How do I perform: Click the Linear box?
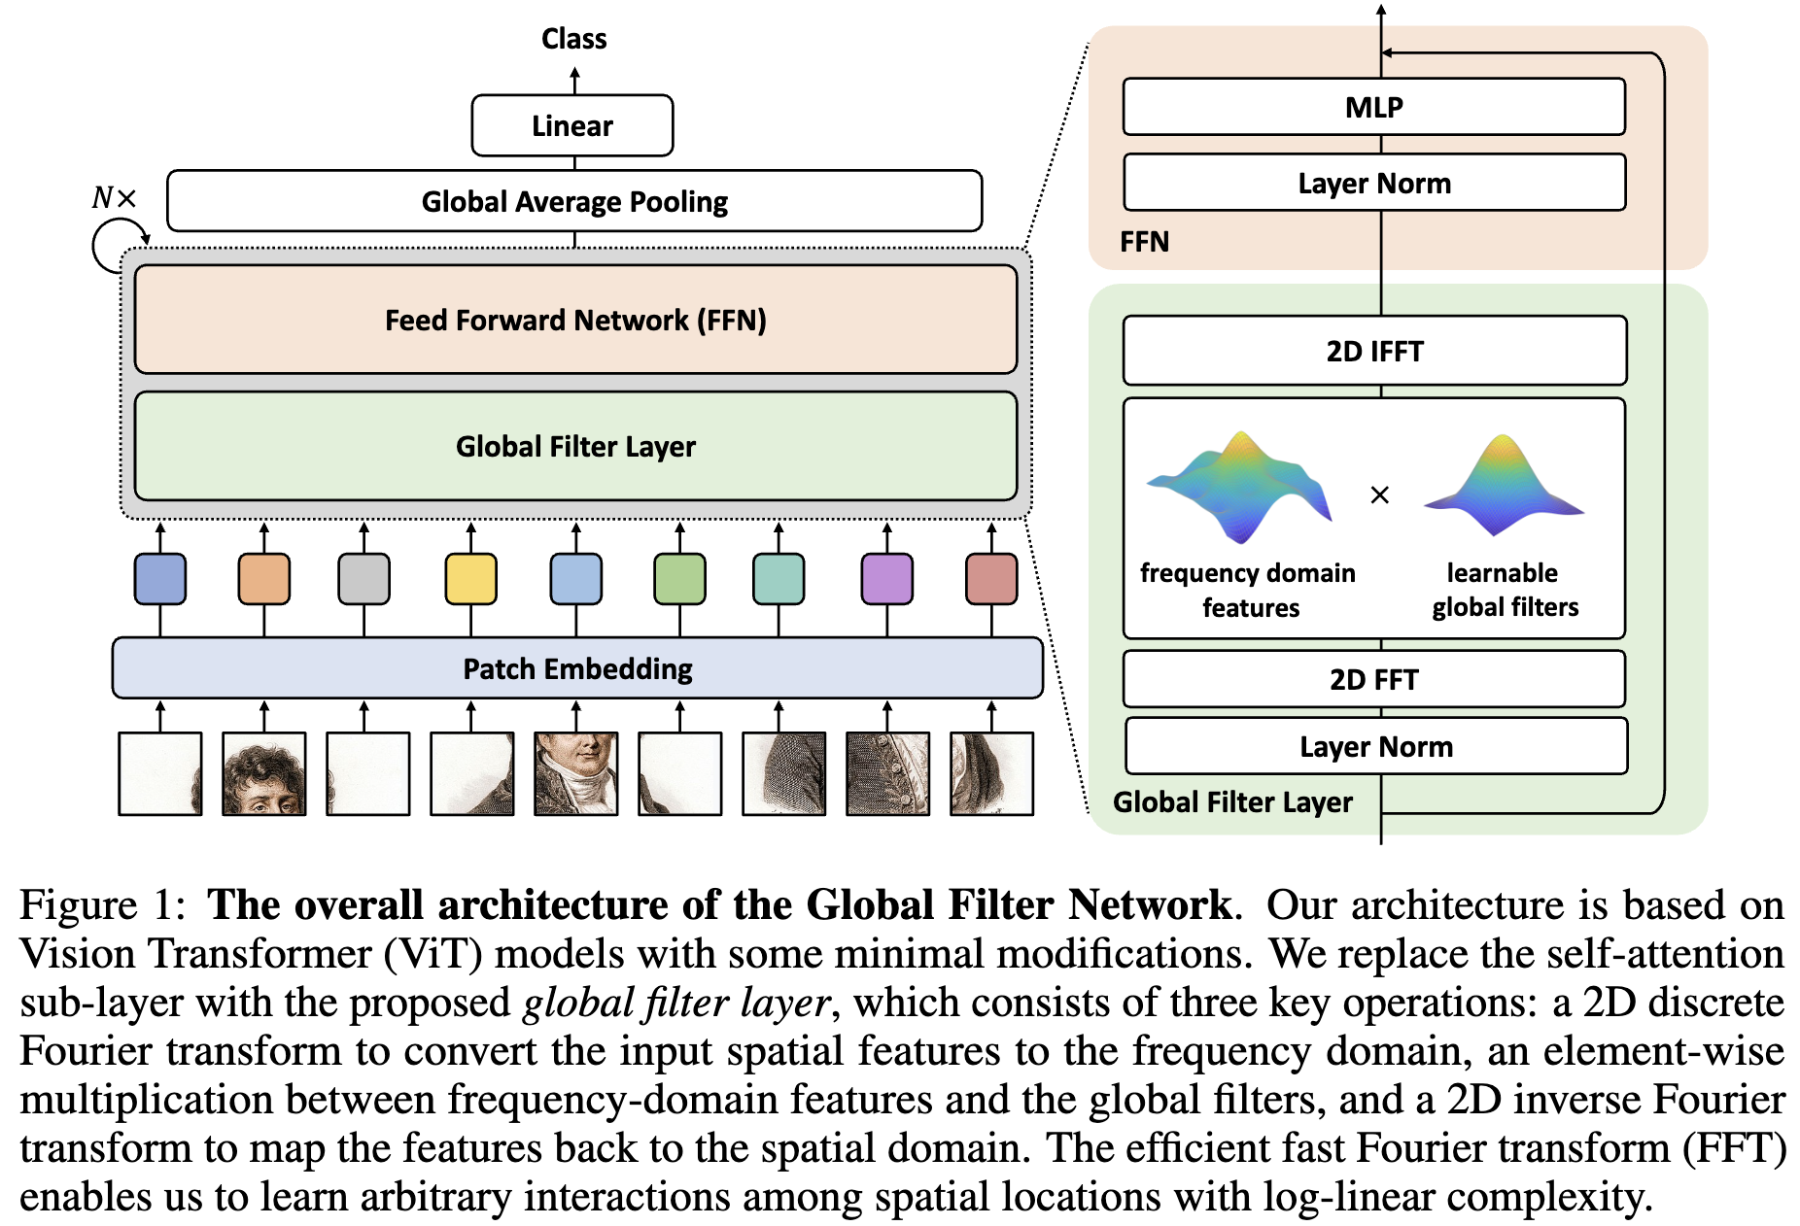tap(571, 125)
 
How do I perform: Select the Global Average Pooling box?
tap(573, 201)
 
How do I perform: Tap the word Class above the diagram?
tap(573, 39)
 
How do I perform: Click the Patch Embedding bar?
tap(577, 668)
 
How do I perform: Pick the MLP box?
tap(1373, 107)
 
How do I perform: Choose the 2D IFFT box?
tap(1373, 351)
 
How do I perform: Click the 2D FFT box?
tap(1373, 679)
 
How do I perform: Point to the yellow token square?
tap(470, 579)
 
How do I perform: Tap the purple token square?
tap(886, 579)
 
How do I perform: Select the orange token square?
tap(263, 579)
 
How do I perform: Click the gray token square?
tap(363, 579)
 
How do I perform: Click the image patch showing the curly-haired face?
tap(263, 773)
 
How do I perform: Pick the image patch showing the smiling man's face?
tap(575, 773)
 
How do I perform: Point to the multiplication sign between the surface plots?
tap(1379, 495)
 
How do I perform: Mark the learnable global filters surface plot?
tap(1504, 486)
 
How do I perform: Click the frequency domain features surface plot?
tap(1240, 486)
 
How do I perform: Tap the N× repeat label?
tap(114, 198)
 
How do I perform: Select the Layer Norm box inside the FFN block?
tap(1373, 183)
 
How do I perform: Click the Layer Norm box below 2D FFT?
tap(1375, 746)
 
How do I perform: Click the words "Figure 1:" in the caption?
tap(102, 905)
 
